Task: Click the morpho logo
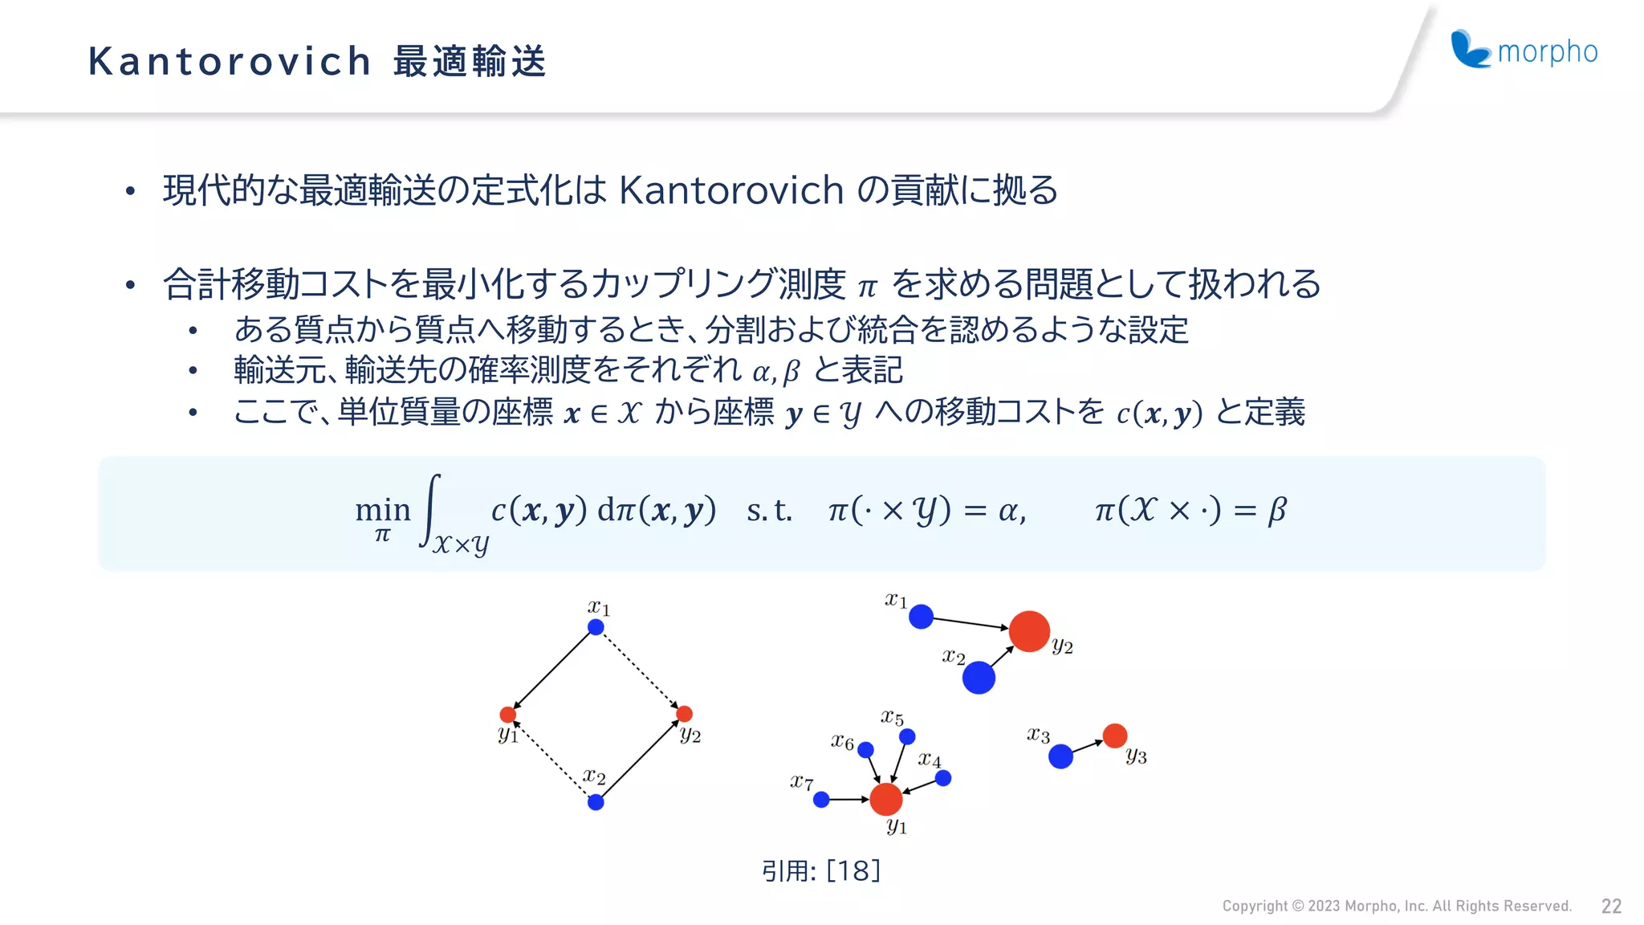coord(1524,50)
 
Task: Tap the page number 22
coord(1611,907)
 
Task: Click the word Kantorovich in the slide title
coord(230,62)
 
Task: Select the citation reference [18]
coord(853,870)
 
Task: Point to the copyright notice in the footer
coord(1396,907)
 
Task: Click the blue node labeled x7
coord(821,800)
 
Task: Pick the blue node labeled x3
coord(1060,756)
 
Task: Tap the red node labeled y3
coord(1115,736)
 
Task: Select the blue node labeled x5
coord(907,736)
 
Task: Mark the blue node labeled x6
coord(865,750)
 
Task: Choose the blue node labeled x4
coord(943,778)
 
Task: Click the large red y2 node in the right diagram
coord(1029,631)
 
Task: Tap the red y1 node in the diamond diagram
coord(508,715)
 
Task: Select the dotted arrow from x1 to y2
coord(641,671)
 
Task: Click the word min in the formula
coord(383,510)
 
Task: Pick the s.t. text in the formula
coord(769,511)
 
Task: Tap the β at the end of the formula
coord(1277,511)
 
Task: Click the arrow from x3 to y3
coord(1088,746)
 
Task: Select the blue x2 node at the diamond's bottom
coord(596,802)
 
